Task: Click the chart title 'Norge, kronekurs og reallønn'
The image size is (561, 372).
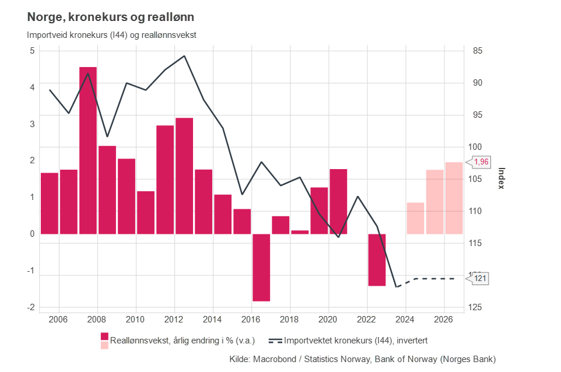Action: point(110,17)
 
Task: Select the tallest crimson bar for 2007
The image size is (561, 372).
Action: point(88,150)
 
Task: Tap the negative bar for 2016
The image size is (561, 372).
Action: point(261,268)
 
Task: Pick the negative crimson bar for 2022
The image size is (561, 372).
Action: point(377,260)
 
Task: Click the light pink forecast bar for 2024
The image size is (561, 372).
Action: point(415,218)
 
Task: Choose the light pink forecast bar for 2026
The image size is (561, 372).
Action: point(454,198)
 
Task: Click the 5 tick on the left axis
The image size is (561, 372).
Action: point(32,51)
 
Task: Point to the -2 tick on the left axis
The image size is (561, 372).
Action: point(30,307)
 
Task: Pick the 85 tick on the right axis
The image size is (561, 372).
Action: point(478,51)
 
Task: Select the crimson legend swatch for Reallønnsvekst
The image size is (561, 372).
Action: point(105,336)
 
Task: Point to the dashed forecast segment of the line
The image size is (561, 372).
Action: point(432,279)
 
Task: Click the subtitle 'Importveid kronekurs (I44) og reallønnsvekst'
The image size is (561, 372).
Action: point(111,34)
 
